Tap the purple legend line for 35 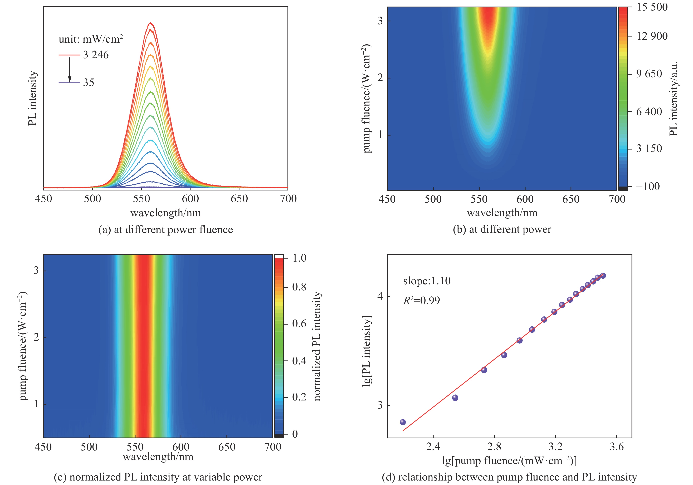(69, 83)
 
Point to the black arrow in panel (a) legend (70, 69)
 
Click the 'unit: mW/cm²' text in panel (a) (91, 39)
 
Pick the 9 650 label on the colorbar (649, 74)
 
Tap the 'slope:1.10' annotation (427, 281)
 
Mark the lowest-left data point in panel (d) (403, 422)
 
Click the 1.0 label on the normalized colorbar (299, 258)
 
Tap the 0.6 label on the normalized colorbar (299, 324)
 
